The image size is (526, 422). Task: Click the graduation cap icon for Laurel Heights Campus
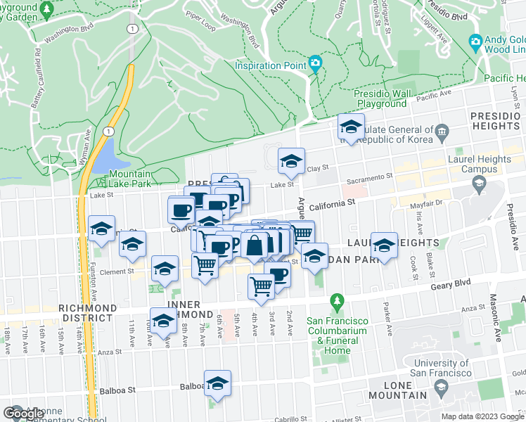pyautogui.click(x=479, y=185)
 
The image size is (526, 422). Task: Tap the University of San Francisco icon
pyautogui.click(x=441, y=386)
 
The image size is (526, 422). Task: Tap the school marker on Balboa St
pyautogui.click(x=218, y=384)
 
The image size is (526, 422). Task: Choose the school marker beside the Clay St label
pyautogui.click(x=290, y=162)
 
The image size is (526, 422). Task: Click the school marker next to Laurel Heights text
pyautogui.click(x=384, y=245)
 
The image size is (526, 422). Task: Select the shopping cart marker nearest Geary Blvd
pyautogui.click(x=261, y=287)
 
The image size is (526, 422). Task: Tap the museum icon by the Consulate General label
pyautogui.click(x=442, y=130)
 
